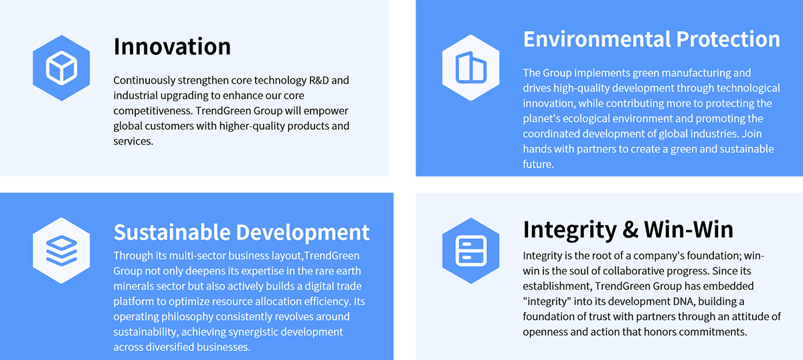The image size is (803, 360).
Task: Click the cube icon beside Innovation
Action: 62,68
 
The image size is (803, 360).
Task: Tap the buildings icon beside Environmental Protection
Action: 470,68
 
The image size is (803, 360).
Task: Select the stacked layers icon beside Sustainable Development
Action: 62,250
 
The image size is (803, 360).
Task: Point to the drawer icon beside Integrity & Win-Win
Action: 470,251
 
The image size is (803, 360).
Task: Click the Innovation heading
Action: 172,46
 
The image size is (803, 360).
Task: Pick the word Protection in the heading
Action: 728,39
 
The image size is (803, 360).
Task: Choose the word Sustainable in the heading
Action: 172,232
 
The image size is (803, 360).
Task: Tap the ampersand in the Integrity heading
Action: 630,230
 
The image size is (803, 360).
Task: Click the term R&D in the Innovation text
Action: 319,80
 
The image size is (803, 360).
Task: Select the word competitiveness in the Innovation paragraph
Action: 153,111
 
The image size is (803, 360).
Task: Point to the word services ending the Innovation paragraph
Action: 133,141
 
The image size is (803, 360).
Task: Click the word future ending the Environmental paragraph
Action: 538,164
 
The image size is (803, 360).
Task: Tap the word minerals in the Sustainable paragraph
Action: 133,286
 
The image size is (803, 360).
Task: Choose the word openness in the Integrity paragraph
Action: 545,332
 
